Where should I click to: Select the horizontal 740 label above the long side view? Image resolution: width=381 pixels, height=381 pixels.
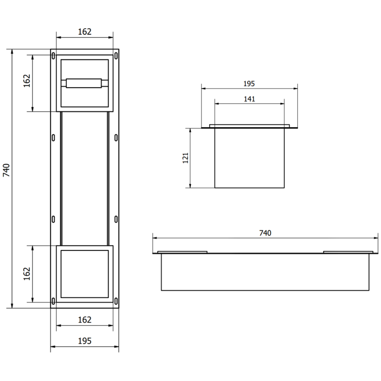pyautogui.click(x=265, y=233)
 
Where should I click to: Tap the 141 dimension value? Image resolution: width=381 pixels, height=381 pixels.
pyautogui.click(x=250, y=99)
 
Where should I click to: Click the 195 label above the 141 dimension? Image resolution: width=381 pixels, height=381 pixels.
pyautogui.click(x=249, y=83)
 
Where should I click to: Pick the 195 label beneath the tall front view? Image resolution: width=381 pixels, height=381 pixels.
pyautogui.click(x=84, y=341)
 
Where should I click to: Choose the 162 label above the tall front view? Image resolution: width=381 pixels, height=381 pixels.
pyautogui.click(x=84, y=32)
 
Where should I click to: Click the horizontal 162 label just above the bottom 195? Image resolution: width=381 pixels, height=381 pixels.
pyautogui.click(x=84, y=320)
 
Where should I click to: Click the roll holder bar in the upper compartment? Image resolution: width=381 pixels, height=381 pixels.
pyautogui.click(x=85, y=83)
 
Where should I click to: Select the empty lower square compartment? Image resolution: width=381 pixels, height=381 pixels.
pyautogui.click(x=85, y=273)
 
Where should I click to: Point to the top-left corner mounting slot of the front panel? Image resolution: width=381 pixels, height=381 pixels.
pyautogui.click(x=53, y=56)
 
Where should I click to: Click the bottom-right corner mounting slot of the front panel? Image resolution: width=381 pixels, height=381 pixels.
pyautogui.click(x=116, y=300)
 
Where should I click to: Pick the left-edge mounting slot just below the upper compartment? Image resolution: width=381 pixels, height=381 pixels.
pyautogui.click(x=53, y=137)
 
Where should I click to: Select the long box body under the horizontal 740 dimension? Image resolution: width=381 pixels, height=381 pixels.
pyautogui.click(x=265, y=271)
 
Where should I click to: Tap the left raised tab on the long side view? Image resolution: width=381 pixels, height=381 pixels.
pyautogui.click(x=183, y=251)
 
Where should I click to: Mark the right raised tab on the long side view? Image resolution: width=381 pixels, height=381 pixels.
pyautogui.click(x=348, y=251)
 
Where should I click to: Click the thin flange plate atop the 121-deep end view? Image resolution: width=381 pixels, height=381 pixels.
pyautogui.click(x=250, y=127)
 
